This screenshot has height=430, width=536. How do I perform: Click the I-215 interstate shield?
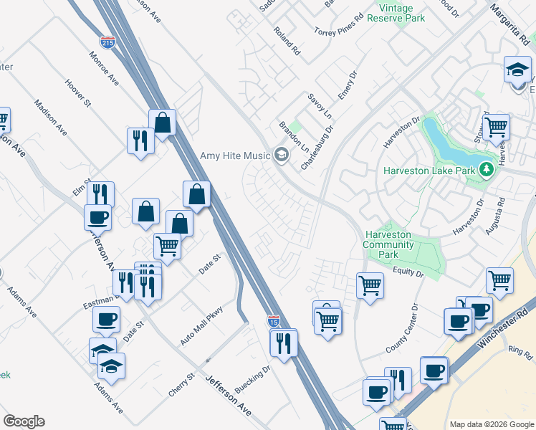coord(107,43)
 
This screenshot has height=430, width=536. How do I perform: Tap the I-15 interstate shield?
coord(273,322)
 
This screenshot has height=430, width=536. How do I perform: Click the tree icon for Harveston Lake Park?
coord(487,170)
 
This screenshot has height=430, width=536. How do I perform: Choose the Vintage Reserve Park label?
coord(396,13)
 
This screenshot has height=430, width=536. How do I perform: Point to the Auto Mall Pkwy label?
coord(202,327)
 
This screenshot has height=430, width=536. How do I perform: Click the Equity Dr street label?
coord(408,272)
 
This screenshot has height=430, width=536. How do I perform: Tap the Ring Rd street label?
coord(517,352)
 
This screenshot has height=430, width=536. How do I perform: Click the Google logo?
coord(24,421)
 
